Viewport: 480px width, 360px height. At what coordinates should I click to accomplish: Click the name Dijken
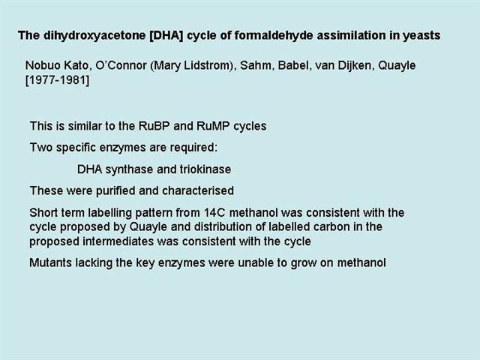pos(355,65)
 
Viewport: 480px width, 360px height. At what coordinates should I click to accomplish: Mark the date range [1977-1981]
pos(57,80)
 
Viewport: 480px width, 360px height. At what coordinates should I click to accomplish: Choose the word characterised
pos(198,190)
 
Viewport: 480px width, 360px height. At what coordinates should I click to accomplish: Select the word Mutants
pos(50,262)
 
